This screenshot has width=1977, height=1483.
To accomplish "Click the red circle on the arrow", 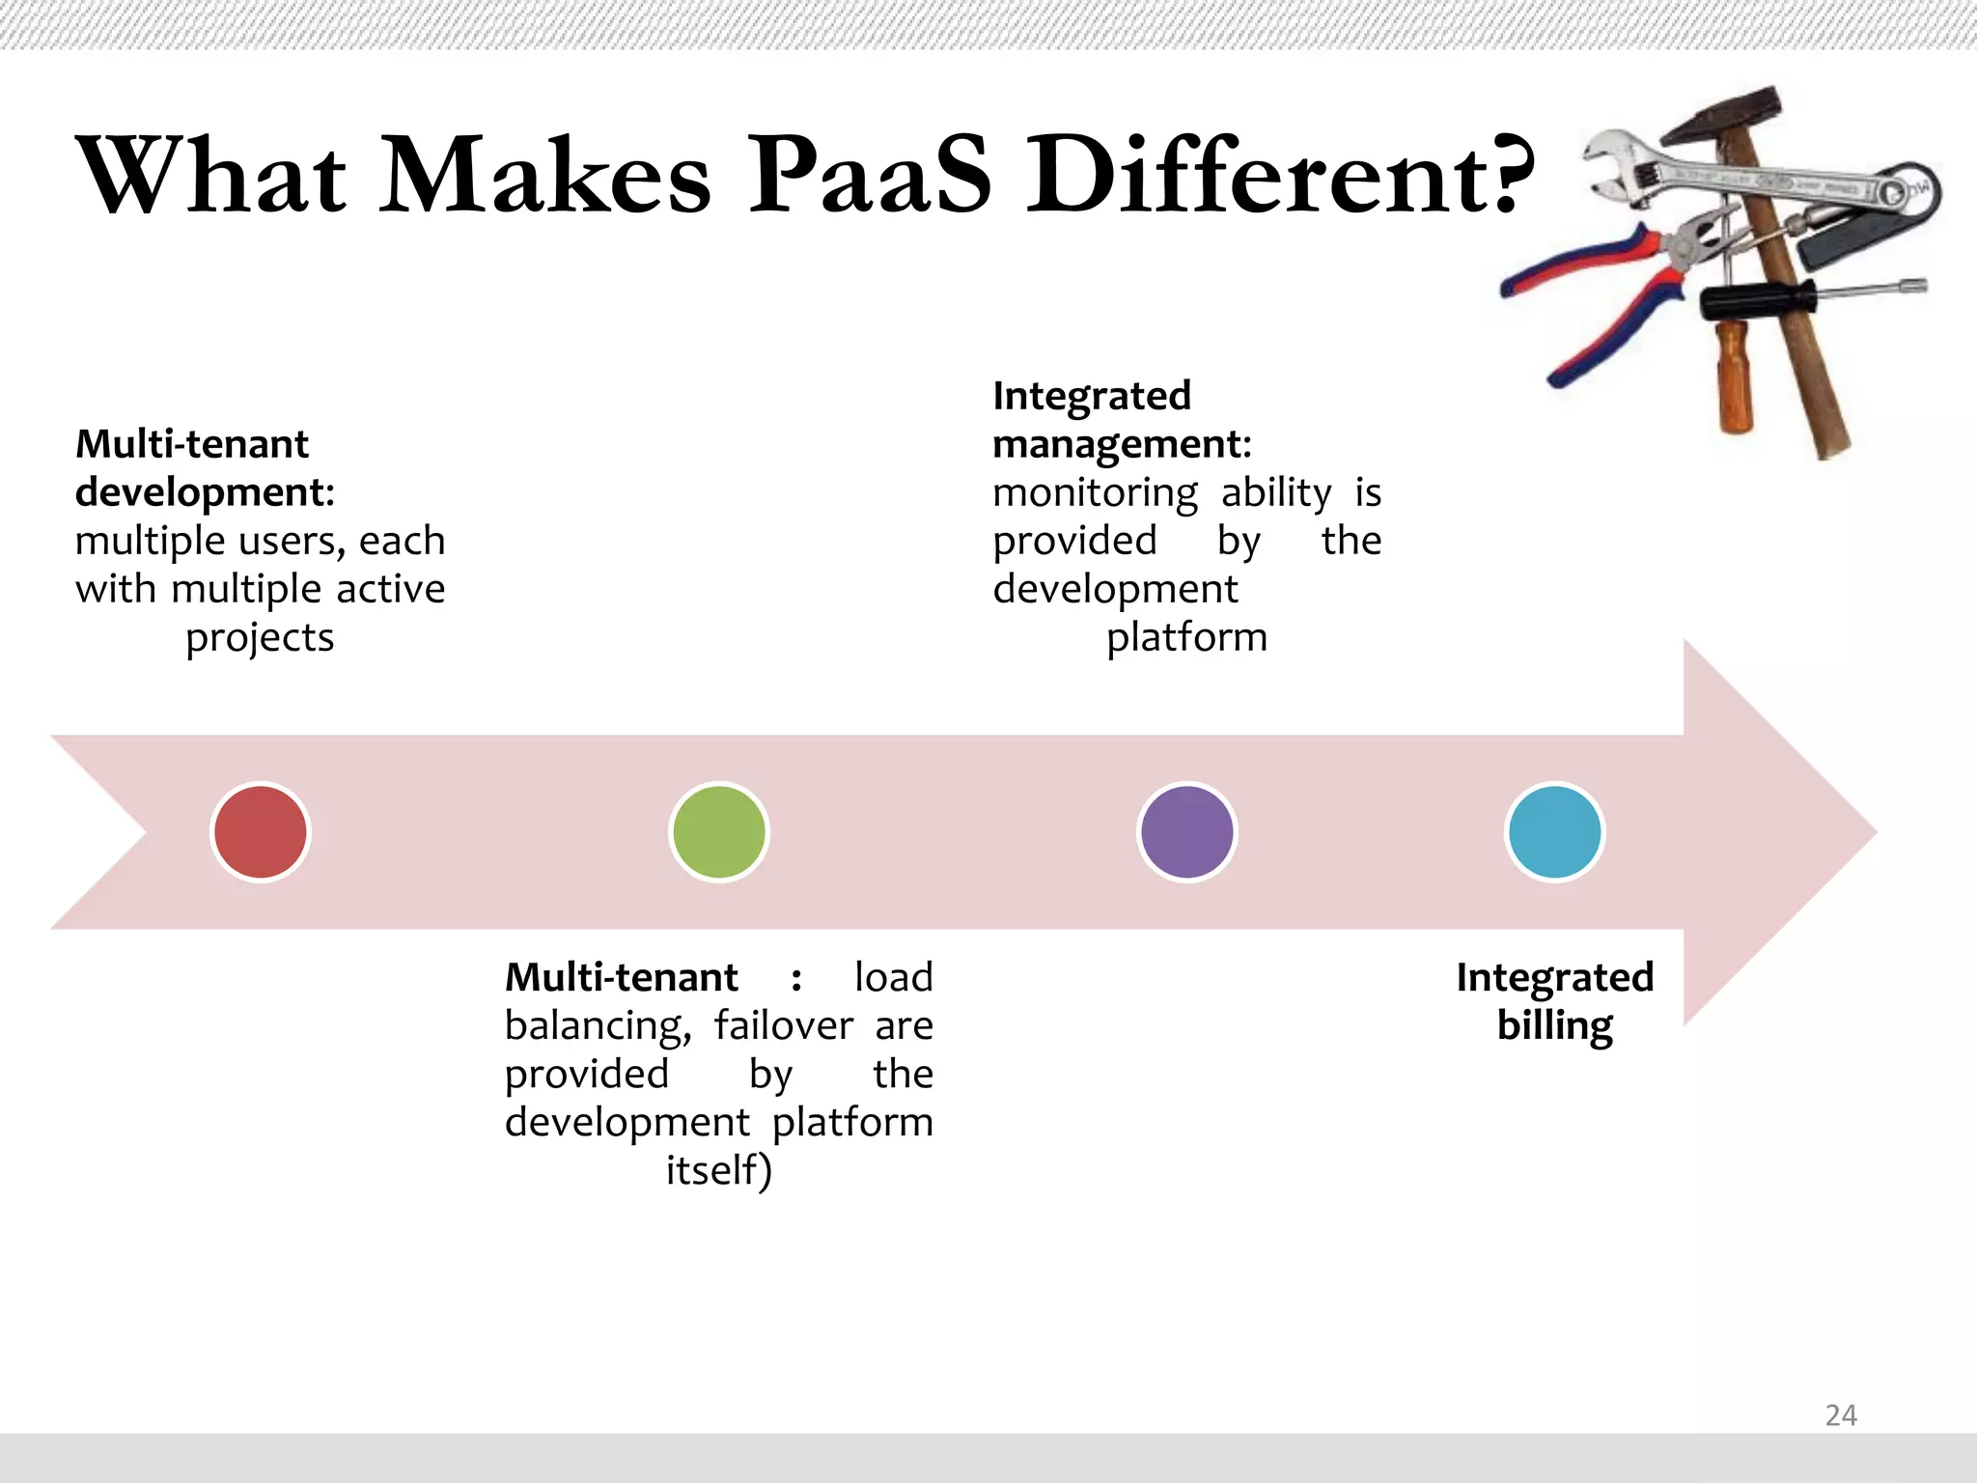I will pos(260,832).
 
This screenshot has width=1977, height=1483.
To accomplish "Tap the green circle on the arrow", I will pos(718,832).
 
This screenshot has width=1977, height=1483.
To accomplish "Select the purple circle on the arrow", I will pos(1186,832).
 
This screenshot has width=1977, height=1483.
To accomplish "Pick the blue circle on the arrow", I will pos(1554,832).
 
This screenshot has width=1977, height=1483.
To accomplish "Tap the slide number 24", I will pos(1841,1415).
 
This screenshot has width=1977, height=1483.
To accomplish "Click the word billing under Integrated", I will pos(1554,1025).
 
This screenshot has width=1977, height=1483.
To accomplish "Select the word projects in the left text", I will pos(260,638).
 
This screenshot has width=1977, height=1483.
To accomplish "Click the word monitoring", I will pos(1095,493).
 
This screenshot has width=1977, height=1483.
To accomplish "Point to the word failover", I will pos(783,1025).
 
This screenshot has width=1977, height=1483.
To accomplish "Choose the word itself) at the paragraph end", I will pos(718,1171).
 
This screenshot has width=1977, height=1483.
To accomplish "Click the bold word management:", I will pos(1122,445).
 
